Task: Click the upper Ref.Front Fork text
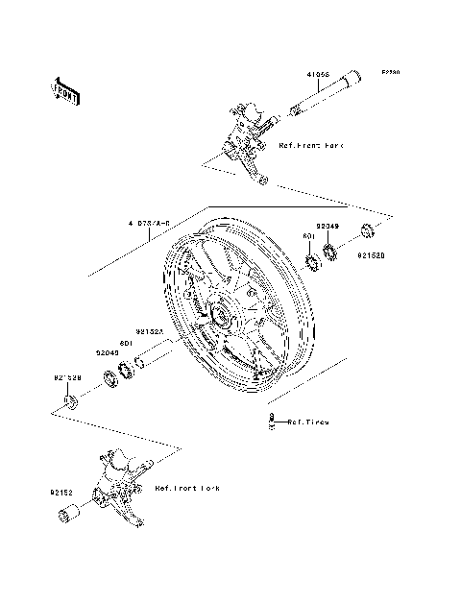(310, 145)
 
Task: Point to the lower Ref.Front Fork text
(186, 489)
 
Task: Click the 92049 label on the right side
(328, 224)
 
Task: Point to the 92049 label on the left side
(106, 352)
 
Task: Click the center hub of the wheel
(220, 317)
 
